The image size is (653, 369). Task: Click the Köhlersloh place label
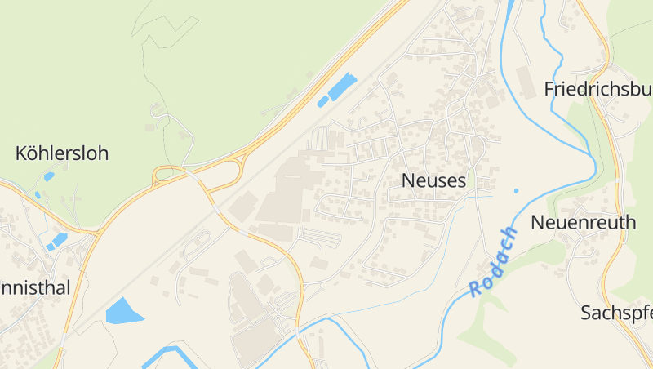click(62, 153)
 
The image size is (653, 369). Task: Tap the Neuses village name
click(434, 181)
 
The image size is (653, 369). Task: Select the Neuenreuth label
click(584, 222)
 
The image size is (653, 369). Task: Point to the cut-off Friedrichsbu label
click(598, 89)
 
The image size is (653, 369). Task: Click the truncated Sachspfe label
click(616, 313)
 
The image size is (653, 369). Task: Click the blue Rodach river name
click(495, 261)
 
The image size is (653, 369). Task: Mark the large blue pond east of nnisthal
click(122, 311)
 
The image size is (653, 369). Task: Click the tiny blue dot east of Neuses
click(516, 191)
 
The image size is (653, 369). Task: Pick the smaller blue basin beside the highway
click(322, 101)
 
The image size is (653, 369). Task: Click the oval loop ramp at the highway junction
click(170, 173)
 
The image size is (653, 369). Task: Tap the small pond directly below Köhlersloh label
click(49, 176)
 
